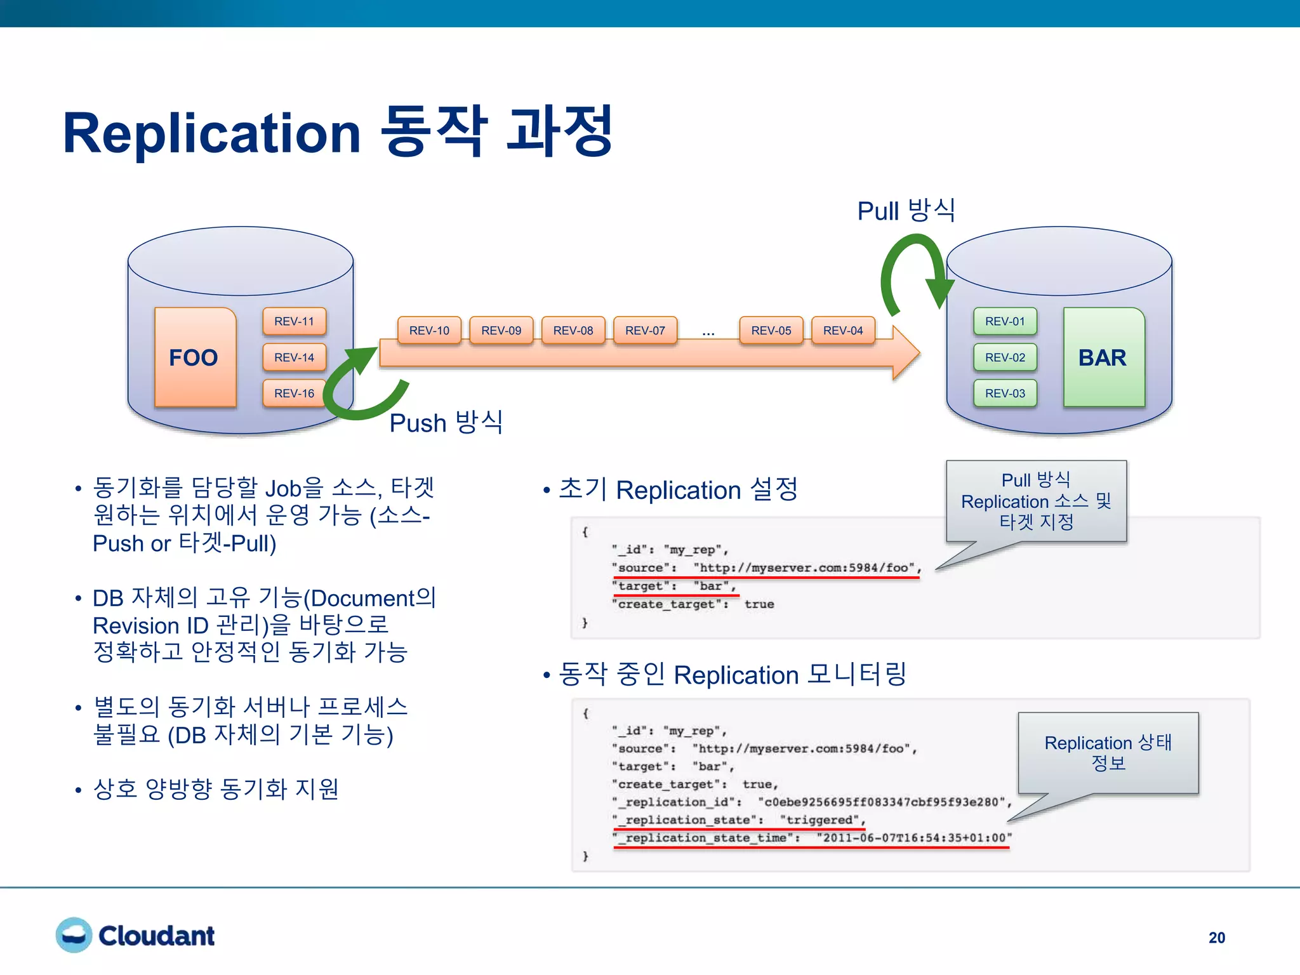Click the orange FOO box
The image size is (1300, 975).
[x=195, y=357]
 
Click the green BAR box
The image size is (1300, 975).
[x=1103, y=357]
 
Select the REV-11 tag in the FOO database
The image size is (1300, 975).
[x=294, y=321]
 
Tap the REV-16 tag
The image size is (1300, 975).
[x=294, y=393]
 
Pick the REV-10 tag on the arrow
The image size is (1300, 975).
[x=429, y=330]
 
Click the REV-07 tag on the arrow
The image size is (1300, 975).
[x=645, y=330]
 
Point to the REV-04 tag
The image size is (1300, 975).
[x=843, y=330]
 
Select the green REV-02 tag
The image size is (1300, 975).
[x=1005, y=357]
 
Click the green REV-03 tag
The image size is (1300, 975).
[x=1005, y=393]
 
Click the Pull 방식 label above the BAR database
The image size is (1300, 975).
[x=906, y=210]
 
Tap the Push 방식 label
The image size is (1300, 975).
[x=446, y=422]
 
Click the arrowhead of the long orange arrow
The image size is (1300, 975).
[x=906, y=353]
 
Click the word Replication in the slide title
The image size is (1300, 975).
[x=211, y=133]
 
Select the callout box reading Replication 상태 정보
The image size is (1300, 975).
[x=1108, y=752]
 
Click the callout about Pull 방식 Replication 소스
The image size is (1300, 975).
[x=1036, y=501]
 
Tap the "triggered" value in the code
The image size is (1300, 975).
[x=821, y=819]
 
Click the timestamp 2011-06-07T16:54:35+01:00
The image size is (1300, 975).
[x=914, y=837]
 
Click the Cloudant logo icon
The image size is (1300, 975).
[x=74, y=935]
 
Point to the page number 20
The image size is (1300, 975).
[x=1216, y=938]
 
